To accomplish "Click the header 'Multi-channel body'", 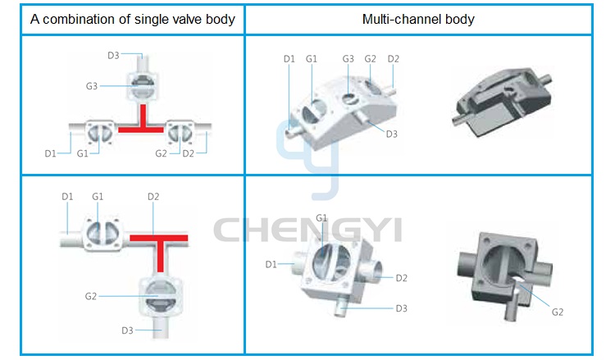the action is pos(418,19).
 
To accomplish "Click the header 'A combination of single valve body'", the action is pos(133,19).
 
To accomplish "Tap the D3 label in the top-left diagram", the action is pos(113,55).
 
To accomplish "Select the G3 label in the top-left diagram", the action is pos(91,86).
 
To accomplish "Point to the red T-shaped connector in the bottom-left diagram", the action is pos(160,247).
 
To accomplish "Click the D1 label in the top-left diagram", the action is pos(50,153).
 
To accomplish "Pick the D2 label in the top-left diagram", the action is pos(189,153).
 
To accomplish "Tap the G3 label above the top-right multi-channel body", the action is pos(348,59).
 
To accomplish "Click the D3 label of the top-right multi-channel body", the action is pos(391,134).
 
